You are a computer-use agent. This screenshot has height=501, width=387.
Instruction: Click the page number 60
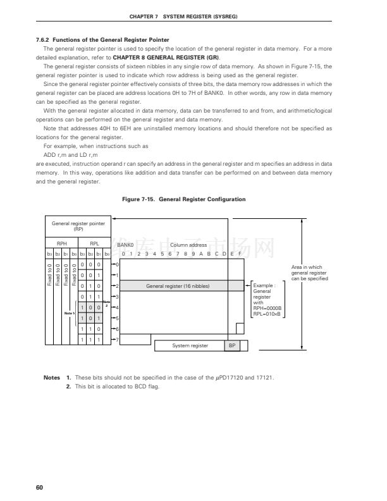(39, 486)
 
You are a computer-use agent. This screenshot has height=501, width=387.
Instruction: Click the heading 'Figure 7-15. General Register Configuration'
(183, 199)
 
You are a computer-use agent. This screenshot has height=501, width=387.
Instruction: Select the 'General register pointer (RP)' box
(78, 226)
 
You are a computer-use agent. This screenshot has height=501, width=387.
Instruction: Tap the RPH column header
(61, 242)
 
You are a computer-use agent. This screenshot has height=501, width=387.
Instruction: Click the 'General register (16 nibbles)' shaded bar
(178, 286)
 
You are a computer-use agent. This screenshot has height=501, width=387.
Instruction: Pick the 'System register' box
(190, 345)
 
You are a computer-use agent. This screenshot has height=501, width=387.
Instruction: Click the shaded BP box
(231, 345)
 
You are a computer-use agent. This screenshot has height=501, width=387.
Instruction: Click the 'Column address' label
(188, 245)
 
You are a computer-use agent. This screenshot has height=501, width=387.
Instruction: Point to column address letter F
(239, 254)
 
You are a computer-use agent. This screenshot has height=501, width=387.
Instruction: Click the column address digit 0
(123, 254)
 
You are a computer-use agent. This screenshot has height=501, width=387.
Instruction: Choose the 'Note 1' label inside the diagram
(70, 312)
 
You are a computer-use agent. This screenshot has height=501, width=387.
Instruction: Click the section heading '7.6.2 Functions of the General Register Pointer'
(102, 40)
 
